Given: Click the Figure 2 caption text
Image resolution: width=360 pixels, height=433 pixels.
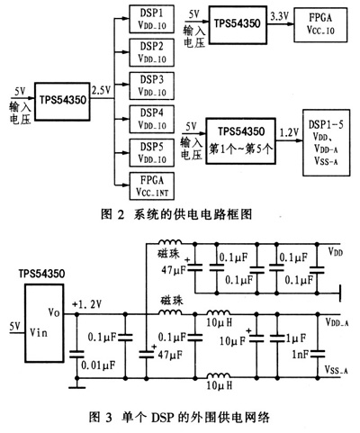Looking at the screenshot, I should pos(180,214).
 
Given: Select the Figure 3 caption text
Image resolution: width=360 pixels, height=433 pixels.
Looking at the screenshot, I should pos(180,416).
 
